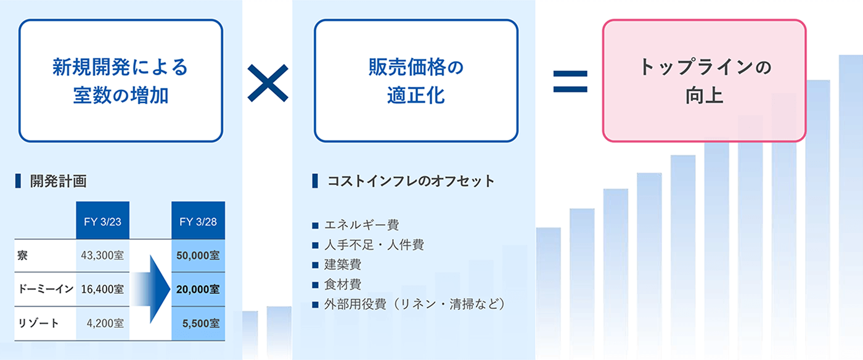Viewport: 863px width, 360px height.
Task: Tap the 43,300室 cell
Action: coord(102,256)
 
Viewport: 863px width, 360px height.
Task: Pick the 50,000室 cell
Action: coord(198,256)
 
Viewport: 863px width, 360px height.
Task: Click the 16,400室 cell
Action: coord(102,289)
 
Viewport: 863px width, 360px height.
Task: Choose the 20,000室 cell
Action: coord(198,289)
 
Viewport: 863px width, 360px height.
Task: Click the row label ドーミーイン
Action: coord(46,289)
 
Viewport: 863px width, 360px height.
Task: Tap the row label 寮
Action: coord(22,256)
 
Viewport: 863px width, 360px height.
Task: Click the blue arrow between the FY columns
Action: coord(152,289)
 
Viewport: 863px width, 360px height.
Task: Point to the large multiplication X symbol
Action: coord(268,83)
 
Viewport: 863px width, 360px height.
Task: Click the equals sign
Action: coord(570,82)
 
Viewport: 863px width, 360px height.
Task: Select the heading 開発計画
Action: coord(59,181)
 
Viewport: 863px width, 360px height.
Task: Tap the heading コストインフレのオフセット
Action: coord(411,181)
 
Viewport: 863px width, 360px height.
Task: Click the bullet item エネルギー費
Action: coord(361,225)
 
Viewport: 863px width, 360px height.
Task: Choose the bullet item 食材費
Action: coord(343,284)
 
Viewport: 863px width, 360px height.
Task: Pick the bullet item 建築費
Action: coord(343,264)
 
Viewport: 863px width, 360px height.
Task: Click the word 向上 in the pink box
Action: coord(704,95)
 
